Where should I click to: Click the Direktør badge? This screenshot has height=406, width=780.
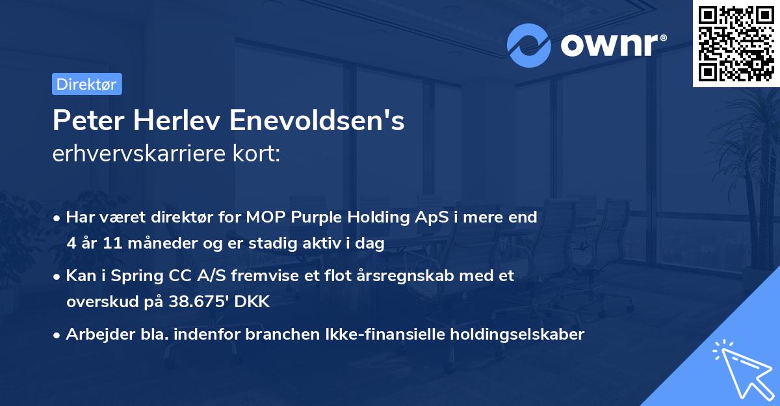coord(86,84)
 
